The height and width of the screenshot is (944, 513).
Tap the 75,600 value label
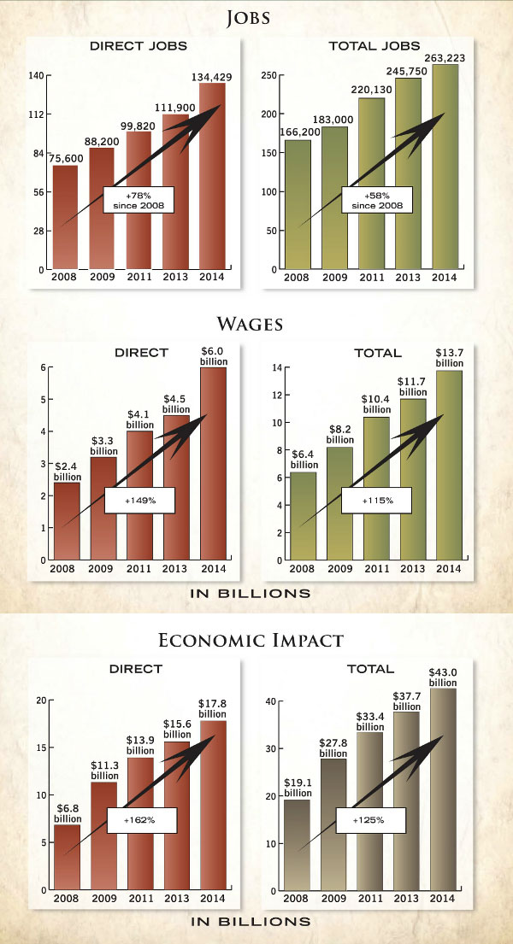[65, 156]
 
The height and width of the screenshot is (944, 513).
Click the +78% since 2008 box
[139, 199]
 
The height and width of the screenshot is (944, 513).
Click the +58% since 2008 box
[376, 200]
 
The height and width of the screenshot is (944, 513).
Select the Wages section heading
[256, 324]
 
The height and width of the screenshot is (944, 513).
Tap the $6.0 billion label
[214, 355]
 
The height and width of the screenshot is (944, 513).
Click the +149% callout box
[139, 500]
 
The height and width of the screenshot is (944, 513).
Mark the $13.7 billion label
[449, 357]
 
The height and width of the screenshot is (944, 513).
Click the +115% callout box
[376, 500]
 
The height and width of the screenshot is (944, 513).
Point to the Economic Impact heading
[256, 640]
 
